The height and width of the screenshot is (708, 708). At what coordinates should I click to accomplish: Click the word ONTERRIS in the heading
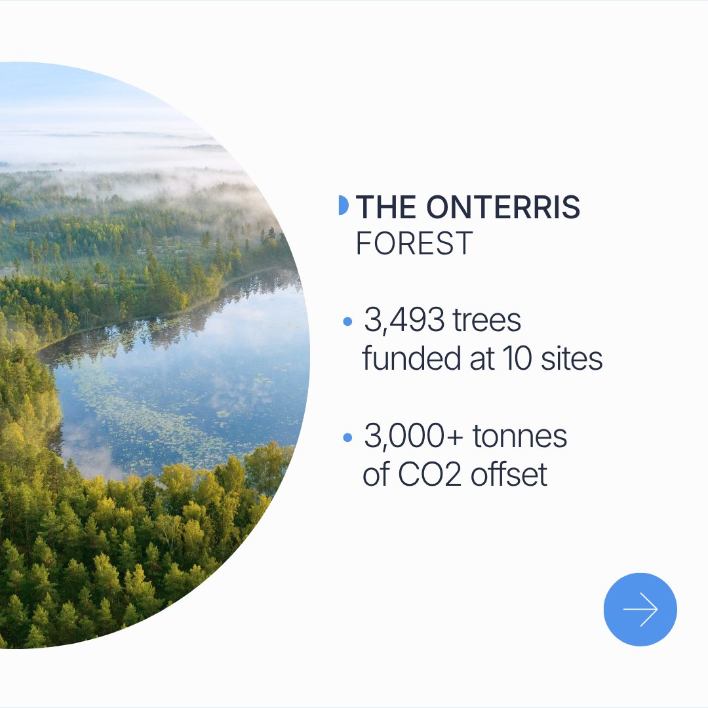(x=503, y=206)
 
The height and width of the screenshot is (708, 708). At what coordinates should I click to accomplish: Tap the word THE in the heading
(x=386, y=206)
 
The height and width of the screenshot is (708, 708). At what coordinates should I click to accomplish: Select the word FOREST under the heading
(x=414, y=243)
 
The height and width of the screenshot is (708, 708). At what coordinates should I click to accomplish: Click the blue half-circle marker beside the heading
(x=344, y=205)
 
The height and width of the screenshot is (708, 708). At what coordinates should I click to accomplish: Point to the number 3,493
(x=404, y=320)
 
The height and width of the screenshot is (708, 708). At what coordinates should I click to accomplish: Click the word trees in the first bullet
(x=486, y=320)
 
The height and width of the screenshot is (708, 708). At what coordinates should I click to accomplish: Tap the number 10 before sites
(x=517, y=359)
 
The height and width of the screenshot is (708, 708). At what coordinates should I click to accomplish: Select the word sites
(x=572, y=358)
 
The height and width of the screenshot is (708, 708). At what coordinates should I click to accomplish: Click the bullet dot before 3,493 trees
(x=347, y=321)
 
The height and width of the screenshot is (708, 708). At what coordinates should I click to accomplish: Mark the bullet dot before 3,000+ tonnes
(x=347, y=437)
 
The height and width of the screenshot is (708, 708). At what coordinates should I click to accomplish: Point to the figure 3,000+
(x=413, y=436)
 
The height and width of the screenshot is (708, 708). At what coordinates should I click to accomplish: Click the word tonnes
(x=520, y=436)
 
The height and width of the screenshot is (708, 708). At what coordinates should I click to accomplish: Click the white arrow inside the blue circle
(x=640, y=609)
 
